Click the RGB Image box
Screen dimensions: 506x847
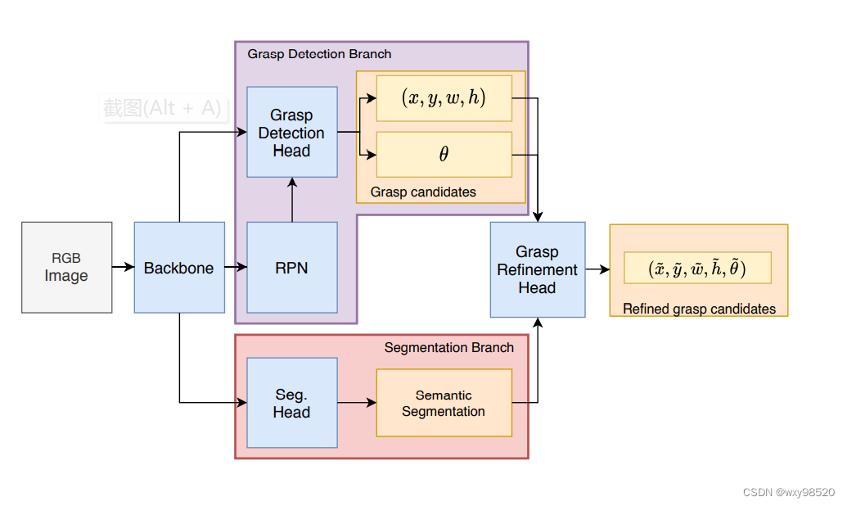coord(67,267)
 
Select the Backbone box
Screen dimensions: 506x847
coord(179,267)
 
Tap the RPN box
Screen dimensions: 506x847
coord(291,267)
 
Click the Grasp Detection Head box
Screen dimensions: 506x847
coord(291,133)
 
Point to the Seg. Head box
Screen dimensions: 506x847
coord(291,403)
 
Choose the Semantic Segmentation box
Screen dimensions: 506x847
coord(444,403)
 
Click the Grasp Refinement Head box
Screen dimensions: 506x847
coord(537,269)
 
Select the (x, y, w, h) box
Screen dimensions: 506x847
coord(444,97)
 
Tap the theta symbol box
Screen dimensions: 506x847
coord(444,154)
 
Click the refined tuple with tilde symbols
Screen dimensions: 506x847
coord(697,268)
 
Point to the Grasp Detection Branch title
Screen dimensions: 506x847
coord(319,54)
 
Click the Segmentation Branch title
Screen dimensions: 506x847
coord(448,347)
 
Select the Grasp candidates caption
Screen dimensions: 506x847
coord(423,192)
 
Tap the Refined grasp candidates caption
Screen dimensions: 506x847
coord(699,309)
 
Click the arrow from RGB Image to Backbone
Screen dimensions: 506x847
coord(123,267)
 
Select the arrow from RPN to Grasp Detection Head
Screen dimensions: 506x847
coord(291,200)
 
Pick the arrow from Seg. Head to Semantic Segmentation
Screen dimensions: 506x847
coord(356,403)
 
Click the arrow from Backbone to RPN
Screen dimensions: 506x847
coord(236,267)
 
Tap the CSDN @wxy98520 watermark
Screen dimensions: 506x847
coord(788,492)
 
